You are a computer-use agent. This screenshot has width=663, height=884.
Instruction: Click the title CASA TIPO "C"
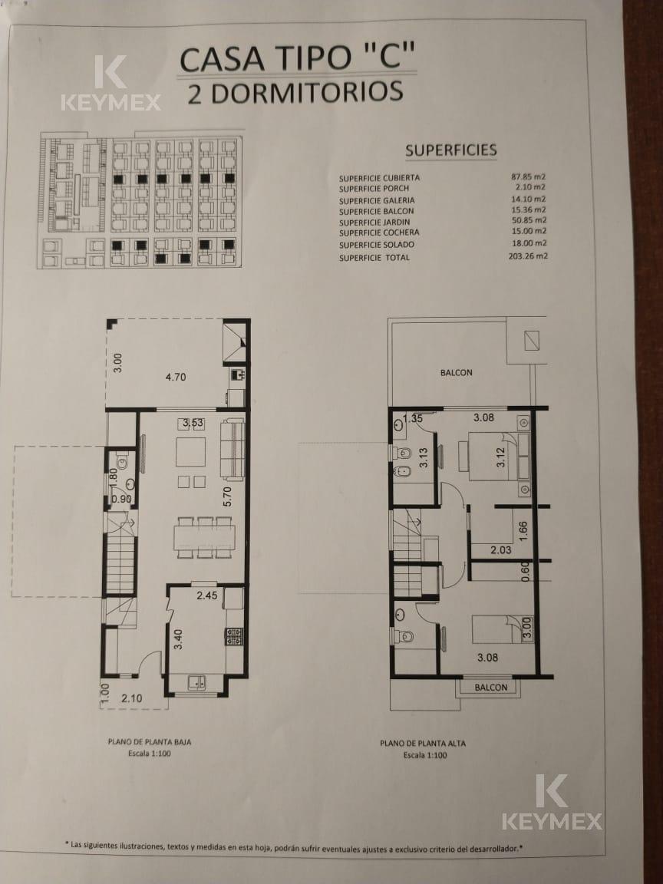(298, 58)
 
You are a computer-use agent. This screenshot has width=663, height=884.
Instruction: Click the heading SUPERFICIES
(451, 150)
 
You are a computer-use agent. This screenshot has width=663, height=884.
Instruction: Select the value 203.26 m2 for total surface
(528, 256)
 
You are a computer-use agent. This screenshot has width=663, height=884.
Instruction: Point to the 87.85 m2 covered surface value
(528, 176)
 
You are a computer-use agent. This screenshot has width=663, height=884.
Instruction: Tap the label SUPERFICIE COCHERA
(379, 233)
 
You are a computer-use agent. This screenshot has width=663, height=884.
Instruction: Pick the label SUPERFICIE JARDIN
(374, 222)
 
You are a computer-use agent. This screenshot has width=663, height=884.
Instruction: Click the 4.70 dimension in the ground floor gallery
(175, 377)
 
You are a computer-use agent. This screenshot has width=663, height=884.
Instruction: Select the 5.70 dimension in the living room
(227, 496)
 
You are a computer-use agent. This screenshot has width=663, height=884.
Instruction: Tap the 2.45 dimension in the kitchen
(207, 595)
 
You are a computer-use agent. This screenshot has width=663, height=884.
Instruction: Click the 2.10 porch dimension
(132, 698)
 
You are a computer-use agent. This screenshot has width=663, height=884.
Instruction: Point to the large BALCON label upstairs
(456, 373)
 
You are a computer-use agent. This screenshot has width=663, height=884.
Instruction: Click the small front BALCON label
(490, 688)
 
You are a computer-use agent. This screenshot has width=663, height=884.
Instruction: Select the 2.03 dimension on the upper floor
(500, 550)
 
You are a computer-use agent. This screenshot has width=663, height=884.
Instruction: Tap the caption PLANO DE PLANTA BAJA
(150, 742)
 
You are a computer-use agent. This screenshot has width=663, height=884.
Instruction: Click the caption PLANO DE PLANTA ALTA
(423, 744)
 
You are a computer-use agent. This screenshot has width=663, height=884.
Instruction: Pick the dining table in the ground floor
(205, 537)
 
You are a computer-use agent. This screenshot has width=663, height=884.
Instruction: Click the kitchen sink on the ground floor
(196, 682)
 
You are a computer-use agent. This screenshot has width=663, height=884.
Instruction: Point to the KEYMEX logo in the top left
(110, 83)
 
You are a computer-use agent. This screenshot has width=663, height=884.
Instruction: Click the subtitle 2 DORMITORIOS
(295, 92)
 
